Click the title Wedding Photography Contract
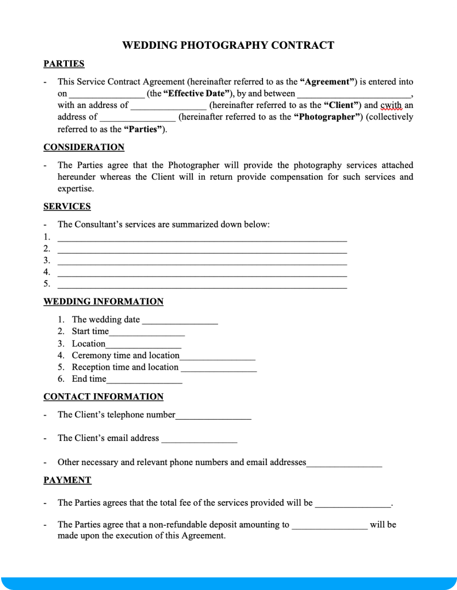(x=228, y=45)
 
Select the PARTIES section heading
(x=64, y=64)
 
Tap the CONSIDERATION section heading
(x=84, y=147)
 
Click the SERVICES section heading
(x=67, y=207)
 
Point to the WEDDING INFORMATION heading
(x=103, y=301)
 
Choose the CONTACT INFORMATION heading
(x=103, y=397)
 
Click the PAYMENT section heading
(x=67, y=480)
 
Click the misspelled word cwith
(x=391, y=105)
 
